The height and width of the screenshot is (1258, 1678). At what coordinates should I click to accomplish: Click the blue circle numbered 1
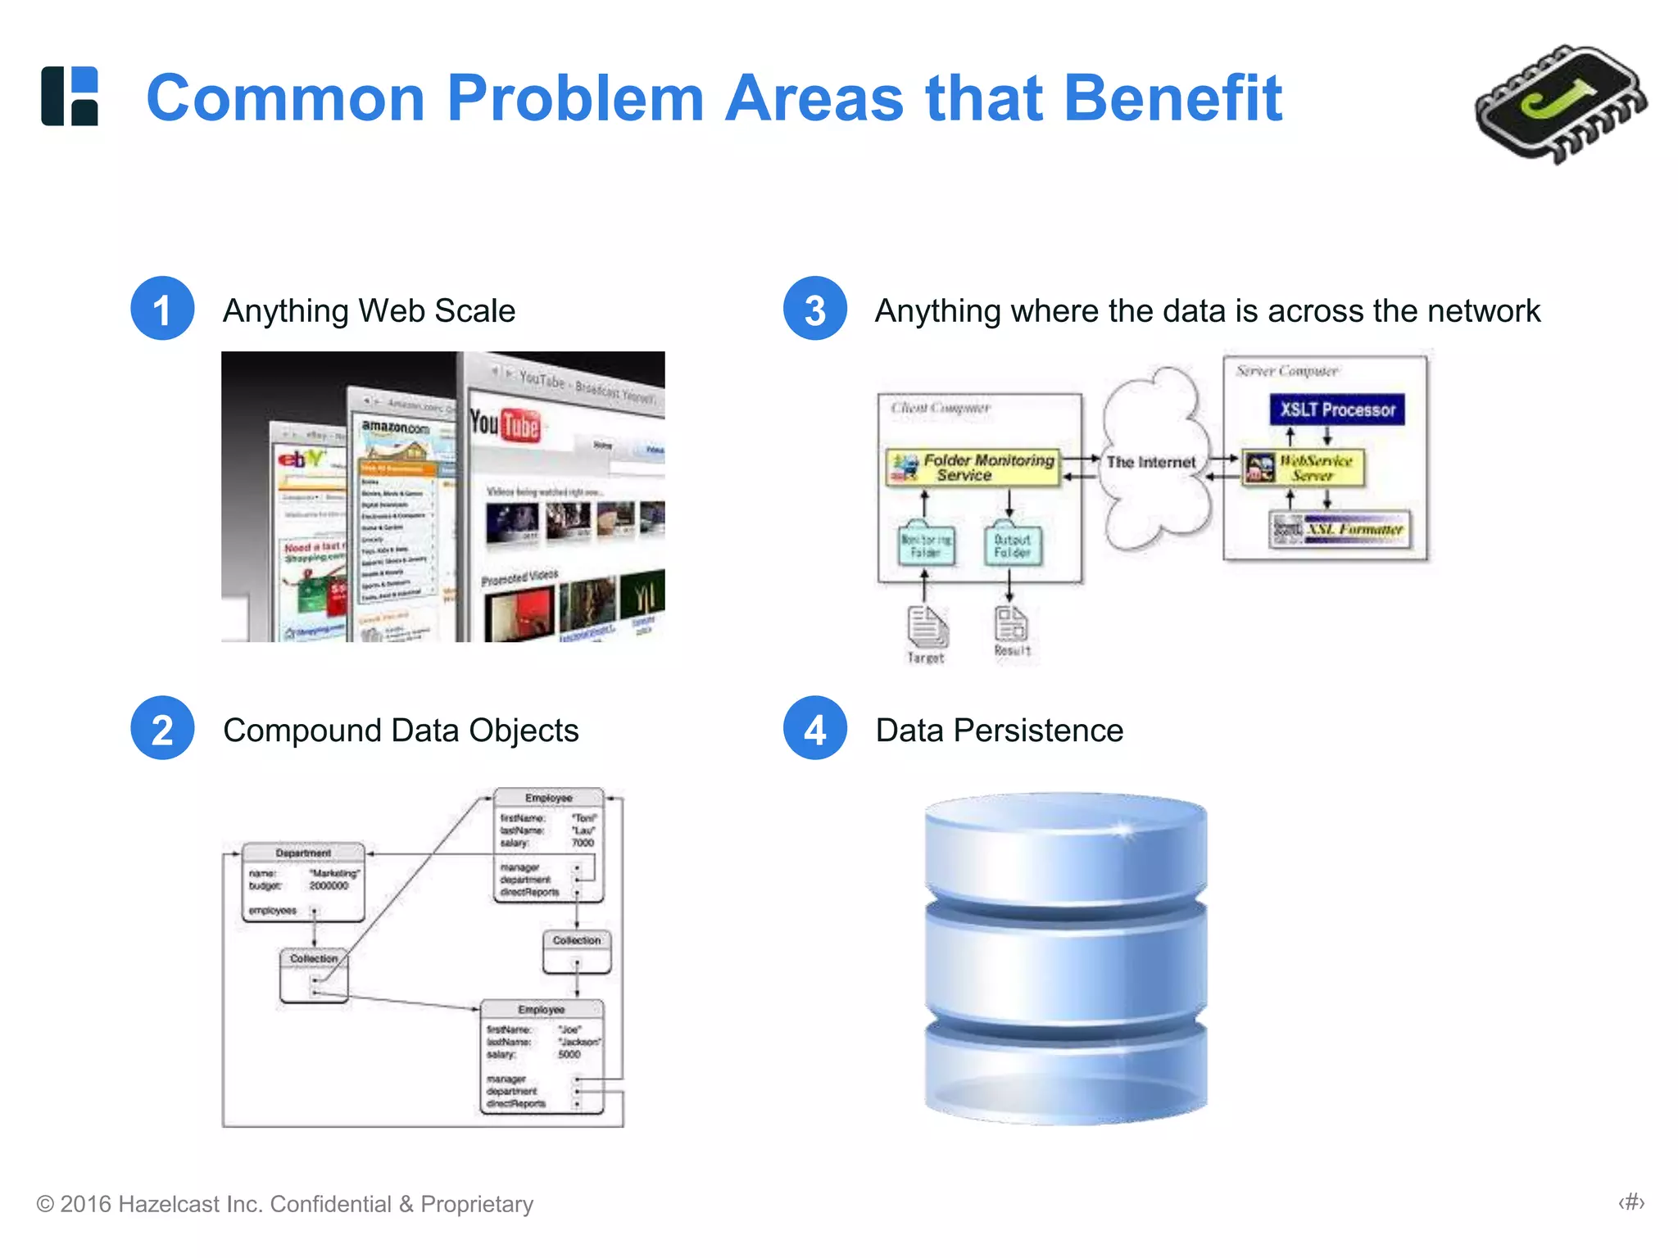click(x=162, y=309)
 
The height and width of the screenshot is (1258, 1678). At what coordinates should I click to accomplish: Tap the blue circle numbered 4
click(x=814, y=728)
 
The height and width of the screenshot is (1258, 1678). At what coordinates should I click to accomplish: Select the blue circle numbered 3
click(x=814, y=309)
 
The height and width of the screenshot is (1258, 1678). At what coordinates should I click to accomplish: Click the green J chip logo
click(x=1559, y=104)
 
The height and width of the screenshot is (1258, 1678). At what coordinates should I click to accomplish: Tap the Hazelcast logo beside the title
click(x=70, y=96)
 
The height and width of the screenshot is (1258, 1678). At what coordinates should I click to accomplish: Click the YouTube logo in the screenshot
click(x=505, y=424)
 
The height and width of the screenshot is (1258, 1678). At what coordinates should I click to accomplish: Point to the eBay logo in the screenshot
click(x=302, y=459)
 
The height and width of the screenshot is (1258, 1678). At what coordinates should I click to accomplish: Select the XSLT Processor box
click(x=1337, y=410)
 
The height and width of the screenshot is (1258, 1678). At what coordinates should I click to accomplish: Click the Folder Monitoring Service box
click(x=973, y=468)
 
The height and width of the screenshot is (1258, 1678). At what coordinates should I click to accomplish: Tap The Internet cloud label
click(x=1151, y=462)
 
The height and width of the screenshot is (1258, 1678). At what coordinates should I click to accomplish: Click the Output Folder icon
click(x=1013, y=544)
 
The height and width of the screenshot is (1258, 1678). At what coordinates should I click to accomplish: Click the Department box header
click(x=303, y=853)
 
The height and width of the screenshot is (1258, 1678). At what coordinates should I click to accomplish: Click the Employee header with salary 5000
click(x=541, y=1010)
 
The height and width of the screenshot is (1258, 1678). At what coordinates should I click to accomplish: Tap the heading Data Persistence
click(x=999, y=730)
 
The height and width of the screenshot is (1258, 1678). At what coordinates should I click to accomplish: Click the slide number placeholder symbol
click(x=1630, y=1202)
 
